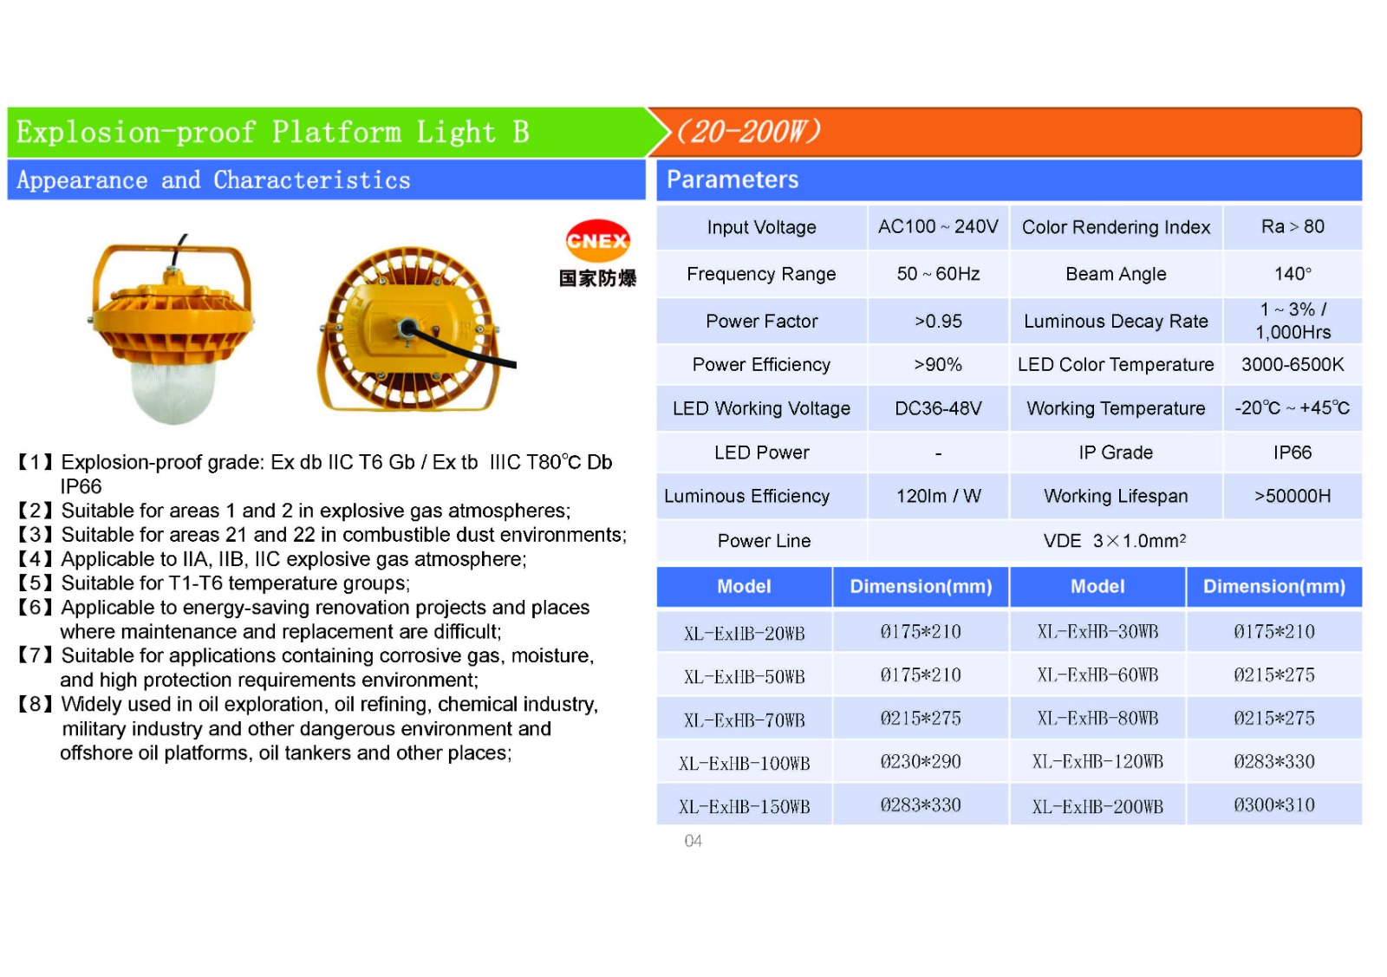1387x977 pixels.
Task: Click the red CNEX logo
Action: [597, 240]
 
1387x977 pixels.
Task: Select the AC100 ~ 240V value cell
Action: [938, 227]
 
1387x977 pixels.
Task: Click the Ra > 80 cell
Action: [1292, 227]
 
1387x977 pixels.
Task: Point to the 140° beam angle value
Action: [1292, 274]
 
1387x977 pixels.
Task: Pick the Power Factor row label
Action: [761, 322]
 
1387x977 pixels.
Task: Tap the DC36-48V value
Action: [938, 408]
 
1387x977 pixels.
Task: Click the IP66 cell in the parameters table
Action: [1292, 453]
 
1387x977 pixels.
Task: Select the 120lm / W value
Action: [938, 497]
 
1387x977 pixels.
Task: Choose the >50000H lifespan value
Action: [1292, 497]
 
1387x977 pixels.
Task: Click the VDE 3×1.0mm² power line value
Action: [1114, 541]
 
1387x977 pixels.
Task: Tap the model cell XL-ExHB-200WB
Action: [1097, 807]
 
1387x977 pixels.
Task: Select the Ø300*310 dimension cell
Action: [1273, 805]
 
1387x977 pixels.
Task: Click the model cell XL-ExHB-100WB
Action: [744, 764]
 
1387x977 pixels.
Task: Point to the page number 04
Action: [693, 841]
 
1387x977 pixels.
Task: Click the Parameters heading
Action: [733, 179]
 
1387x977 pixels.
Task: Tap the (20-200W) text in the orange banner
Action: [747, 132]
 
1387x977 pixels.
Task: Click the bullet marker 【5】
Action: [36, 583]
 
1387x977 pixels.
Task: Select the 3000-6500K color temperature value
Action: [1292, 365]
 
